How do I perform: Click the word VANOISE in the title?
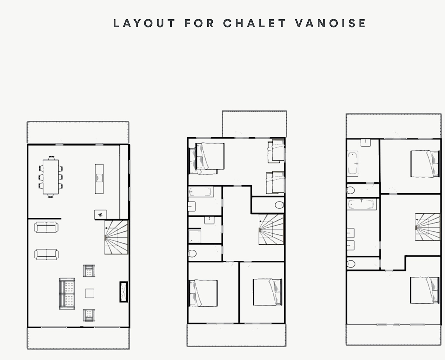[x=330, y=23]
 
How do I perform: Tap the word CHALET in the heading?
[x=255, y=23]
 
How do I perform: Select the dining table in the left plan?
[x=50, y=177]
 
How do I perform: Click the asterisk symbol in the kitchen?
[x=101, y=215]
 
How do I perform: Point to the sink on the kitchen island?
[x=99, y=178]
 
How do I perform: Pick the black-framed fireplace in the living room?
[x=124, y=292]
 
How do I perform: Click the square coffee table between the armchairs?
[x=90, y=293]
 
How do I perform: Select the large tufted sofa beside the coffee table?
[x=67, y=294]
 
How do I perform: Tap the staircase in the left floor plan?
[x=116, y=237]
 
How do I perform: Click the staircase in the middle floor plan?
[x=271, y=229]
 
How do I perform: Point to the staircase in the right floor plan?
[x=428, y=227]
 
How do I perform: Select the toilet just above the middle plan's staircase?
[x=279, y=205]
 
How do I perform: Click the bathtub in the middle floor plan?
[x=201, y=192]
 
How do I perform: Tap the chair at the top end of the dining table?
[x=51, y=158]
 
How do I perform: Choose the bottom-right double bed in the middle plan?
[x=268, y=292]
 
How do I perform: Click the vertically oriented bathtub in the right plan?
[x=353, y=164]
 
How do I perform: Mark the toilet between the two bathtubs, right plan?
[x=351, y=190]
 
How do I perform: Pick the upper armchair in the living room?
[x=89, y=271]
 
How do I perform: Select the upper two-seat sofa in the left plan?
[x=46, y=227]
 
